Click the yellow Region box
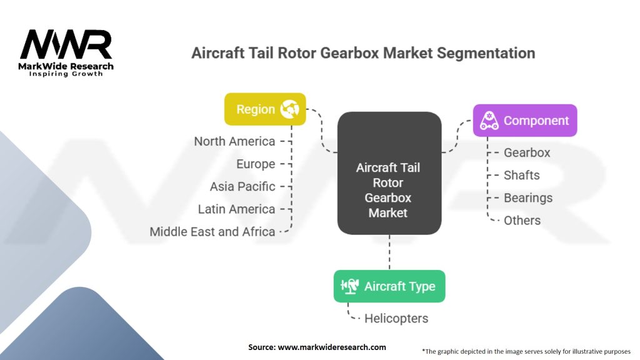tap(265, 109)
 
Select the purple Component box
tap(525, 121)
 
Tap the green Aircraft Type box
tap(389, 286)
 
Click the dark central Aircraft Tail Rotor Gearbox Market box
tap(389, 173)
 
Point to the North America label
tap(235, 141)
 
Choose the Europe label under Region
tap(256, 164)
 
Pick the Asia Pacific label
tap(242, 186)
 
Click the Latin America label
tap(237, 209)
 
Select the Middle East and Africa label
tap(212, 231)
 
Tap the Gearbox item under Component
tap(527, 152)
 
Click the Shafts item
tap(522, 175)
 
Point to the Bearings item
tap(528, 198)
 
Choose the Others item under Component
tap(522, 221)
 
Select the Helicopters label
tap(396, 318)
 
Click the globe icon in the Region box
tap(289, 109)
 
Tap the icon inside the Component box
tap(489, 121)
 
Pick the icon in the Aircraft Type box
tap(350, 286)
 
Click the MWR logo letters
tap(66, 44)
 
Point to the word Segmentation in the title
tap(486, 54)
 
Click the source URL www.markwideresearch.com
tap(332, 347)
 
